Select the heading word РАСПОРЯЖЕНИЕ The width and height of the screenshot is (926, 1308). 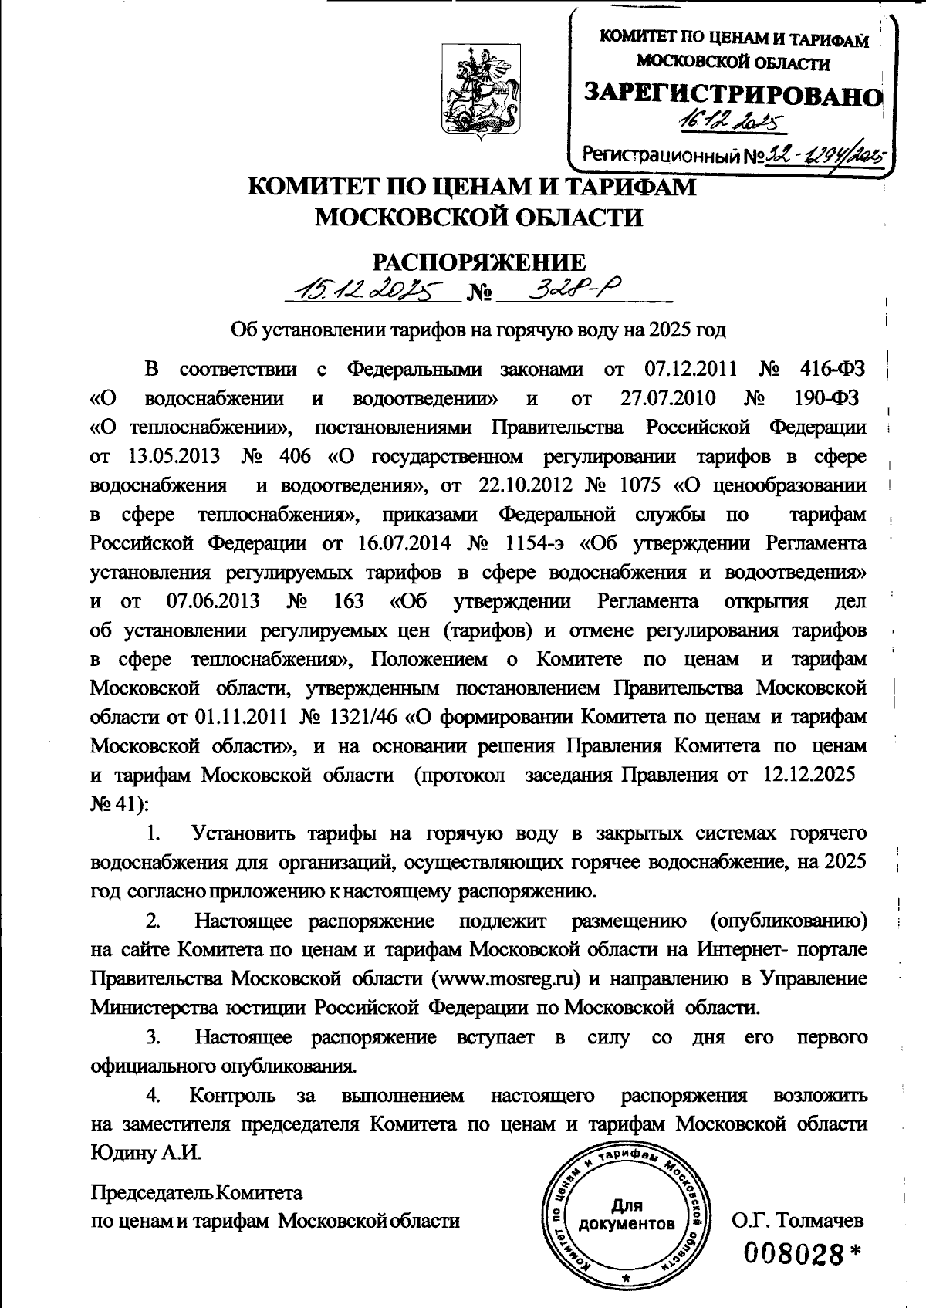[x=468, y=262]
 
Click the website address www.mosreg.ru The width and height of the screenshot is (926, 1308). [x=508, y=978]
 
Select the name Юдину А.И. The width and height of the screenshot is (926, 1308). [x=145, y=1154]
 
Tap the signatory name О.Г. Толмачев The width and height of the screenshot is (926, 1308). [x=797, y=1220]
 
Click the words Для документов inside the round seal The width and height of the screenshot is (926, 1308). [x=627, y=1215]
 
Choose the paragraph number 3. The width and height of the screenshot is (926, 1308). [x=153, y=1037]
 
